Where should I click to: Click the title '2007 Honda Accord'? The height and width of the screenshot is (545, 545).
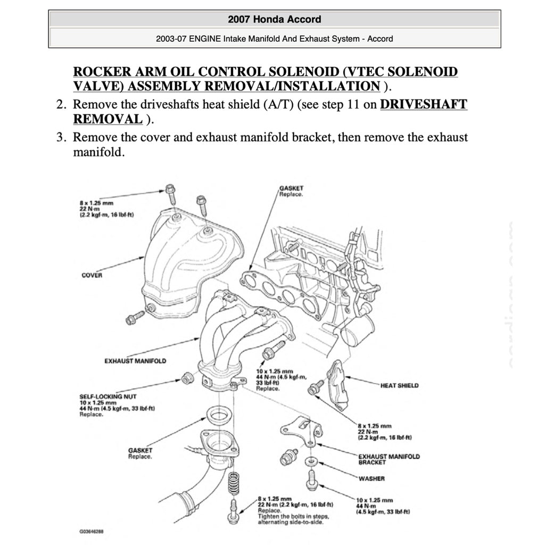[x=274, y=20]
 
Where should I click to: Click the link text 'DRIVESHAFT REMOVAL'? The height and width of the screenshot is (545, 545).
[x=424, y=104]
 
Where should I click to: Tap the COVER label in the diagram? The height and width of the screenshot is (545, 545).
[x=92, y=275]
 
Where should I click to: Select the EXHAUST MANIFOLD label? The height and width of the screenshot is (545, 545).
[x=135, y=361]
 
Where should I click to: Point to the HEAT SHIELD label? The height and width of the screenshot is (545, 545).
[x=399, y=385]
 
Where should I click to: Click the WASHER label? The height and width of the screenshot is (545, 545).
[x=371, y=478]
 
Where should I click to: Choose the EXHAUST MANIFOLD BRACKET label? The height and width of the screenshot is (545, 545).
[x=389, y=459]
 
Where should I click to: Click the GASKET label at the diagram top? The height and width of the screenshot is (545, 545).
[x=291, y=188]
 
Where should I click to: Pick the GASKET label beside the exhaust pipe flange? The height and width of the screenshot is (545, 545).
[x=140, y=450]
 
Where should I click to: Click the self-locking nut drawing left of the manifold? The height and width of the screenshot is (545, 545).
[x=187, y=379]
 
